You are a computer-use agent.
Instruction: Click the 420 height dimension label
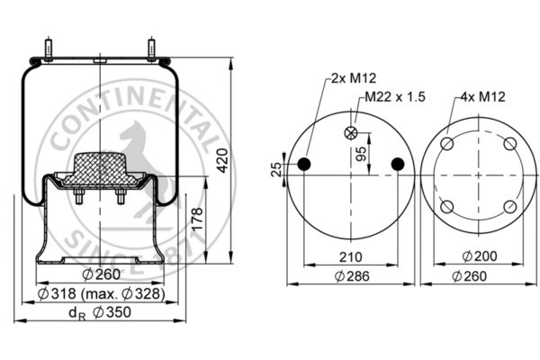[x=222, y=160]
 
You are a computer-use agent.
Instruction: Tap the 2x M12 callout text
[x=354, y=78]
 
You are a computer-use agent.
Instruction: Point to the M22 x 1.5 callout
[x=395, y=97]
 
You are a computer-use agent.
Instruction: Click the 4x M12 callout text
[x=482, y=97]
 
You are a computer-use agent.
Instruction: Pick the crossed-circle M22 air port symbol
[x=351, y=133]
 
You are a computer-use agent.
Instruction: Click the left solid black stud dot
[x=304, y=165]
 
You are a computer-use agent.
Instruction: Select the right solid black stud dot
[x=398, y=165]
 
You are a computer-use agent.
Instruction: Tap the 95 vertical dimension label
[x=361, y=154]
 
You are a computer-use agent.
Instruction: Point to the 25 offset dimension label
[x=276, y=169]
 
